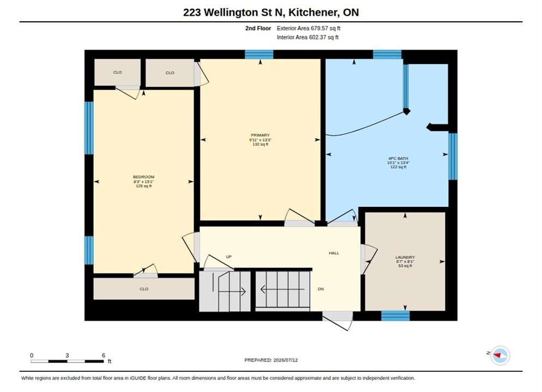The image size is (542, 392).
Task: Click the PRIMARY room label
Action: pos(260,135)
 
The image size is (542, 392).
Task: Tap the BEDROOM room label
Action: pos(143,177)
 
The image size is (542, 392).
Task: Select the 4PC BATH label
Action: pos(398,158)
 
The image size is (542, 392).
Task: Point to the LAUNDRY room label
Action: pos(405,258)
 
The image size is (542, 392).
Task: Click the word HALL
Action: pos(334,253)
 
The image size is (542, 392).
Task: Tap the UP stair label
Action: pos(228,257)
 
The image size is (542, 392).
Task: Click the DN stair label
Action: pos(321,289)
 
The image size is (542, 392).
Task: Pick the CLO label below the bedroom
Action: pos(144,289)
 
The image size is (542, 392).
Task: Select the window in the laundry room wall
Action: pos(395,316)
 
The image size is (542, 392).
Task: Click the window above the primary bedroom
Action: pos(259,54)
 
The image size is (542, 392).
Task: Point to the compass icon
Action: pos(500,355)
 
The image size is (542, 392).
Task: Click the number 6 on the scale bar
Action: pos(104,355)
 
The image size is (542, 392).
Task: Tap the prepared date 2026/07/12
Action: pos(286,360)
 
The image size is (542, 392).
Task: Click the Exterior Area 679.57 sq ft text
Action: pos(308,28)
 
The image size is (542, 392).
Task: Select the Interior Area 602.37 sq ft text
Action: pos(308,37)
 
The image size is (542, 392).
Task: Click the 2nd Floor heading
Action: pos(258,28)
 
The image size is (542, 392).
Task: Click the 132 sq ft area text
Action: pos(260,144)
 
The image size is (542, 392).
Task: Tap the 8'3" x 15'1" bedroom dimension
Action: pos(143,181)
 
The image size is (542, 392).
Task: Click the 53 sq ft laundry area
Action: pos(405,266)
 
